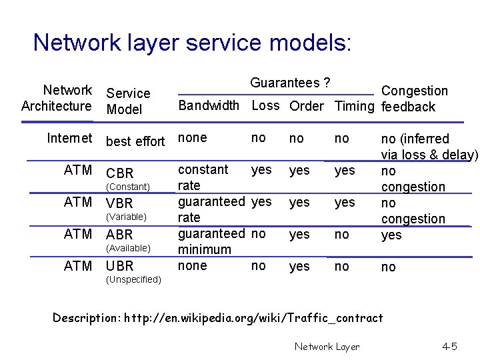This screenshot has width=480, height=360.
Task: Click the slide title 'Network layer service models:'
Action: coord(192,43)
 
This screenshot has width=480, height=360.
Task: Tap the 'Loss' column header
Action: coord(265,107)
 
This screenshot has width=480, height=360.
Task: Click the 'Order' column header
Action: coord(306,107)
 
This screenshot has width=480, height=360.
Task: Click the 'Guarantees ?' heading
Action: coord(291,83)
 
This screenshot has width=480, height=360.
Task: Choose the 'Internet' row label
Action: coord(69,138)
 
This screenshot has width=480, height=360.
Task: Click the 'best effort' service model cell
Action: coord(135,141)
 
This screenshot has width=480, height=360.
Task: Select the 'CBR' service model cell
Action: coord(120,173)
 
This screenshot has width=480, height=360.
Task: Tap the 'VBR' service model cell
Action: coord(120,203)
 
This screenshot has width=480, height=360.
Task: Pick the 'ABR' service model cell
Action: coord(120,235)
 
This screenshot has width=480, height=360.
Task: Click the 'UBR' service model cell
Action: coord(120,266)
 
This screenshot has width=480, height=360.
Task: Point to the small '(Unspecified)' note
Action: coord(133,280)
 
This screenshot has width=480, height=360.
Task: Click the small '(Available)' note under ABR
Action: coord(129,248)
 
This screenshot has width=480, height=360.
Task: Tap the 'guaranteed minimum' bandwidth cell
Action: coord(211,241)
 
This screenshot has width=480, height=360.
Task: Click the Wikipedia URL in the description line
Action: coord(253,317)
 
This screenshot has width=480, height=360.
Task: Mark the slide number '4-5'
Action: coord(449,346)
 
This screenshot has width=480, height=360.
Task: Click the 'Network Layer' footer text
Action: coord(327,346)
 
